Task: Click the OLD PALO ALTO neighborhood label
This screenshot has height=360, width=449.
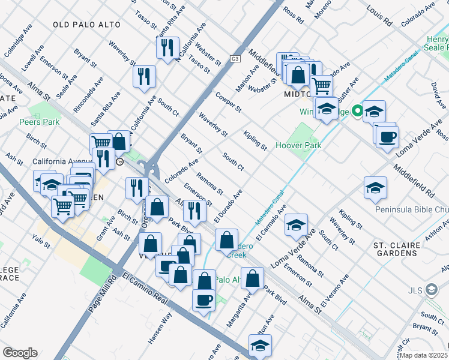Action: tap(86, 25)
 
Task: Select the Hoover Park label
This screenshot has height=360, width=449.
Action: tap(298, 145)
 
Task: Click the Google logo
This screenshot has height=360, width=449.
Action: tap(20, 353)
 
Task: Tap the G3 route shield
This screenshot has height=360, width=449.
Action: tap(235, 59)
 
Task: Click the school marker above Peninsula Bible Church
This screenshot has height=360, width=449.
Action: tap(375, 187)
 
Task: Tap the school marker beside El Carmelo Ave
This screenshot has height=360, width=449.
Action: tap(296, 225)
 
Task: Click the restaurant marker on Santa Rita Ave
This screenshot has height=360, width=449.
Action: tap(167, 47)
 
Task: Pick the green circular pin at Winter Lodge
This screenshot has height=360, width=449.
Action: tap(357, 110)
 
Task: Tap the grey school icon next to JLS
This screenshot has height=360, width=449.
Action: tap(431, 290)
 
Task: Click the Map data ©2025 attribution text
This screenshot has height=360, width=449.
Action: tap(424, 355)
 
